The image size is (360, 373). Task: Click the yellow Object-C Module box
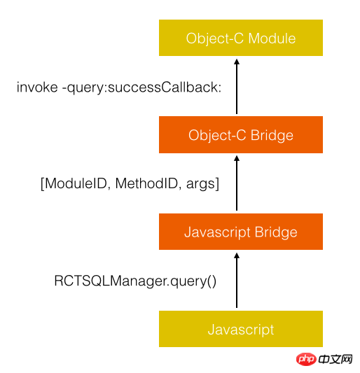pyautogui.click(x=241, y=38)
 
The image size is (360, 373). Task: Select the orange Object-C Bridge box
pyautogui.click(x=241, y=134)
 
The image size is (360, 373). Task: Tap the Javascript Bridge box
pyautogui.click(x=241, y=232)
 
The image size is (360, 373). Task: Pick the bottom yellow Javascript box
pyautogui.click(x=241, y=329)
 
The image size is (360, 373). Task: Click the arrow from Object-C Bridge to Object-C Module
pyautogui.click(x=237, y=86)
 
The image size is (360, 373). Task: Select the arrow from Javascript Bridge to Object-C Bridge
pyautogui.click(x=237, y=183)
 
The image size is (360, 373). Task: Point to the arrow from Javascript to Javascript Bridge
pyautogui.click(x=237, y=280)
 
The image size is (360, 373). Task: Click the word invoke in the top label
pyautogui.click(x=37, y=87)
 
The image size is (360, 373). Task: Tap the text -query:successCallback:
pyautogui.click(x=142, y=88)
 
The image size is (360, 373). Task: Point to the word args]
pyautogui.click(x=202, y=184)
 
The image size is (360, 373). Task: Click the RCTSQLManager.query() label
pyautogui.click(x=135, y=281)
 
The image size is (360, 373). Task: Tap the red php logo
pyautogui.click(x=306, y=359)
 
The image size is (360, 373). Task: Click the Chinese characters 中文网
pyautogui.click(x=335, y=359)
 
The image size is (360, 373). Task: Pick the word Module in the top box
pyautogui.click(x=272, y=38)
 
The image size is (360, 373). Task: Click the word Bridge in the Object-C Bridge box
pyautogui.click(x=272, y=136)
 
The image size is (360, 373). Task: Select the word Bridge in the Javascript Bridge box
pyautogui.click(x=276, y=232)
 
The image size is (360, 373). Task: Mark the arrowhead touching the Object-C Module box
pyautogui.click(x=237, y=62)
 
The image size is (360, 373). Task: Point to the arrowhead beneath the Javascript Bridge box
pyautogui.click(x=237, y=255)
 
